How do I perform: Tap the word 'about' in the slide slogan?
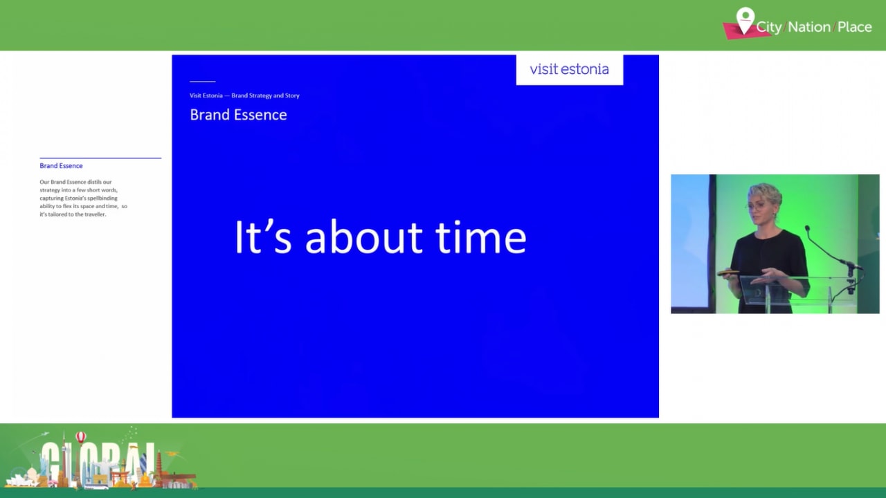coord(363,237)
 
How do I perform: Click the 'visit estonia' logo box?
coord(569,69)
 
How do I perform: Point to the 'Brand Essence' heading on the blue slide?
coord(238,115)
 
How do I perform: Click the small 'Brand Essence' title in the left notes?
coord(61,166)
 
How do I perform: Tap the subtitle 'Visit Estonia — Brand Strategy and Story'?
coord(244,95)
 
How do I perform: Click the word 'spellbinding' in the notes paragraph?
coord(102,198)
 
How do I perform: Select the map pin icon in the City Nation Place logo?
coord(745,19)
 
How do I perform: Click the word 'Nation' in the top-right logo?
coord(808,27)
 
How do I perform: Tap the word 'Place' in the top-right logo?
coord(854,27)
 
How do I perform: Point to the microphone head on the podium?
coord(807,228)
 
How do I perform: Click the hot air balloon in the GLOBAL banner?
coord(81,437)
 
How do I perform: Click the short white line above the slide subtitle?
coord(202,82)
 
